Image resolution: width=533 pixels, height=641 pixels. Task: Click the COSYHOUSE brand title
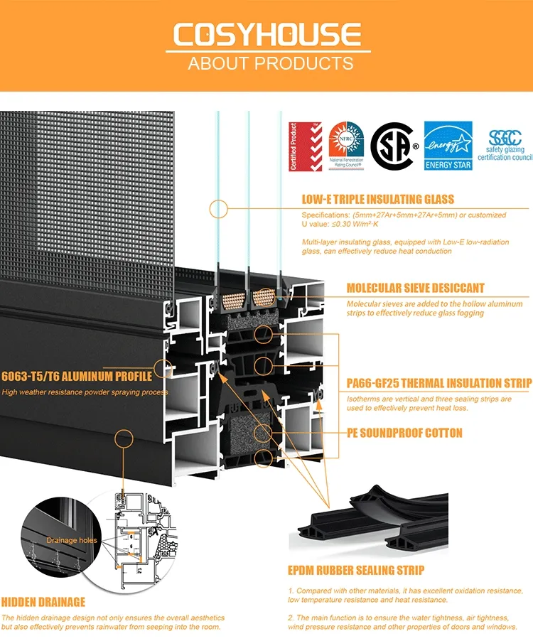266,35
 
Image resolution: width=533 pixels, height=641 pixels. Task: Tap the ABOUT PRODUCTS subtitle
270,63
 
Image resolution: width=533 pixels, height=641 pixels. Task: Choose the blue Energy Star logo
448,146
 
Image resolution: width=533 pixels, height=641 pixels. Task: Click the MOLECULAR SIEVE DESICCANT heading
415,288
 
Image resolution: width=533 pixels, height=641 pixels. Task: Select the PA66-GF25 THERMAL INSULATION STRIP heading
438,384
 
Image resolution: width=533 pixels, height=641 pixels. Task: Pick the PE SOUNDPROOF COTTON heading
404,432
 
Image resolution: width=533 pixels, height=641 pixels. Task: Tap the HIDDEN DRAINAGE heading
43,602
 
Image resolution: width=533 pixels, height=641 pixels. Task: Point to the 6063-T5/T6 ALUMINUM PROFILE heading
77,377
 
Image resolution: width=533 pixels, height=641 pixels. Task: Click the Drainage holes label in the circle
72,541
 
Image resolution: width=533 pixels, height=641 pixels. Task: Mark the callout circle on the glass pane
217,208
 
